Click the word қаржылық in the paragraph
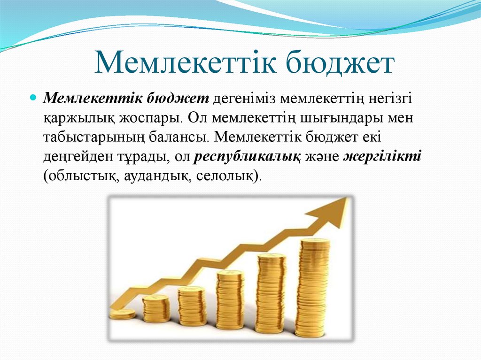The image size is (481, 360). pyautogui.click(x=79, y=119)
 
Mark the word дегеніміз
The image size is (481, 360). pyautogui.click(x=244, y=100)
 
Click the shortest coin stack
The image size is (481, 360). pyautogui.click(x=123, y=314)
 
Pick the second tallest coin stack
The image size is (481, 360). pyautogui.click(x=271, y=293)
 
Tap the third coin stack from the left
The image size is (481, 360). pyautogui.click(x=192, y=306)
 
